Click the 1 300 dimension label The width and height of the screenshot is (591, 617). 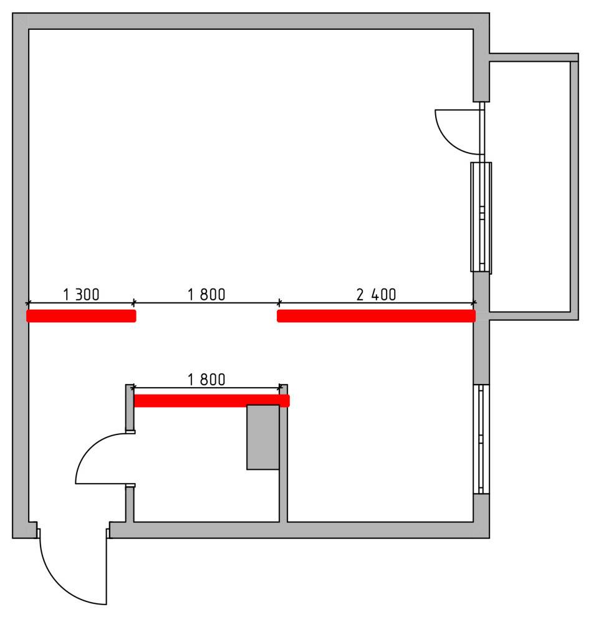pyautogui.click(x=81, y=294)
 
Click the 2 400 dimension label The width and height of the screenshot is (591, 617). pyautogui.click(x=376, y=294)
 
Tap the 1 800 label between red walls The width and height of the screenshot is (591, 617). pyautogui.click(x=206, y=294)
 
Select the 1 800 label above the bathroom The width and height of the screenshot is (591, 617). pyautogui.click(x=206, y=380)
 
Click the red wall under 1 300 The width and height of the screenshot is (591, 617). pyautogui.click(x=81, y=316)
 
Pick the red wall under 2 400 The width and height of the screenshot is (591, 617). pyautogui.click(x=376, y=316)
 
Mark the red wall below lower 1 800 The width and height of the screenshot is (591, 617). pyautogui.click(x=212, y=401)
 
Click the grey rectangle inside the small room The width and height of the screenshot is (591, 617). pyautogui.click(x=263, y=437)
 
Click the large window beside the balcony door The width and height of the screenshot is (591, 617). pyautogui.click(x=481, y=218)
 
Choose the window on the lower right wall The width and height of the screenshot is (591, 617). pyautogui.click(x=481, y=439)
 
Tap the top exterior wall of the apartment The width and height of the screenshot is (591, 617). pyautogui.click(x=251, y=21)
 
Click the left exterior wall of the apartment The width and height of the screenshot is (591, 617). pyautogui.click(x=21, y=275)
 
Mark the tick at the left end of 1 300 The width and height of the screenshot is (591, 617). pyautogui.click(x=28, y=303)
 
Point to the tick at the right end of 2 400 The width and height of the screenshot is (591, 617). pyautogui.click(x=474, y=303)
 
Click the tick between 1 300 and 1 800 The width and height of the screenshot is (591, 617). pyautogui.click(x=134, y=303)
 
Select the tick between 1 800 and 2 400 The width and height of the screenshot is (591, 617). pyautogui.click(x=279, y=303)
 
